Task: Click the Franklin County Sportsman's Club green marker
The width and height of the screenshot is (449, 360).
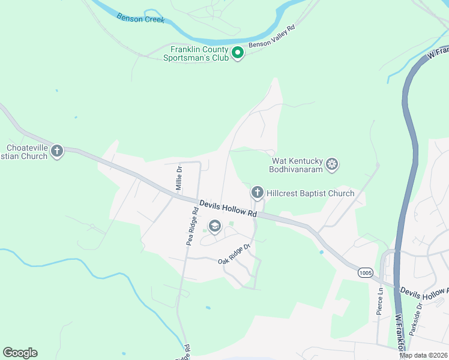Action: point(238,53)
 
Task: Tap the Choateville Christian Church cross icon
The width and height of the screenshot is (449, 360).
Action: point(57,151)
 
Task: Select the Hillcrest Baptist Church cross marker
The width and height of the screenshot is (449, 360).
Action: point(257,193)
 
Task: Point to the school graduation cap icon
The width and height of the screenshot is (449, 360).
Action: point(214,226)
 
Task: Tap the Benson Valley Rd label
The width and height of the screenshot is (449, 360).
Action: point(272,37)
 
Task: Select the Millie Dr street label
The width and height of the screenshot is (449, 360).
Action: point(178,179)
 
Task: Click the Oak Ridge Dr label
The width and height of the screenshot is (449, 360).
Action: point(234,254)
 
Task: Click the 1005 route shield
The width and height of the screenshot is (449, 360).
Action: point(365,272)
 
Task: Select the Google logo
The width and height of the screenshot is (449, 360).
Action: point(20,353)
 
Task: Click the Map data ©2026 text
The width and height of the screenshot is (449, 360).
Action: point(423,355)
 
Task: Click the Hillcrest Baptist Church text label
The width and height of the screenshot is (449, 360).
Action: point(310,193)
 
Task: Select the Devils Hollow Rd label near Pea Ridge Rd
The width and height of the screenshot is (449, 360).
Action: point(228,209)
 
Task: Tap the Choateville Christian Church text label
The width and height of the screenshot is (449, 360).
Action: point(26,152)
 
